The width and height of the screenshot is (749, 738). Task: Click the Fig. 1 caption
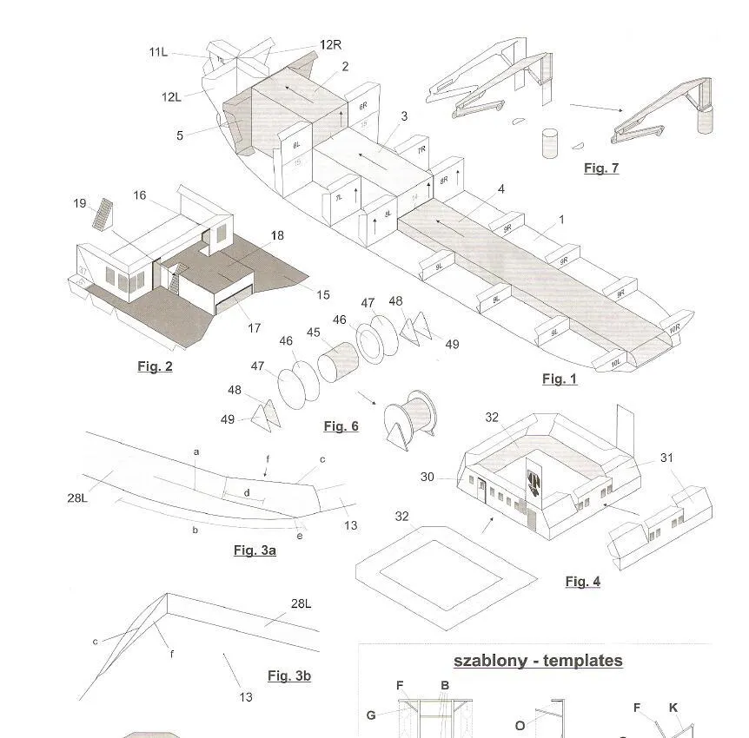tap(559, 379)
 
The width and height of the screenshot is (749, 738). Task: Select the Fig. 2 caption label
tap(155, 366)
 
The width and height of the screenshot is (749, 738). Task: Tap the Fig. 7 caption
tap(601, 168)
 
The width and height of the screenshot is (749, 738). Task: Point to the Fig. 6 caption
tap(341, 425)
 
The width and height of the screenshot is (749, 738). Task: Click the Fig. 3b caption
tap(288, 675)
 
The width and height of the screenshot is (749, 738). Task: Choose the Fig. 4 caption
tap(582, 582)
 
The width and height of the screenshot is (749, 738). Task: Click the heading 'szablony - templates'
tap(538, 661)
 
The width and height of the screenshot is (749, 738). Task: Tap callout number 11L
tap(157, 52)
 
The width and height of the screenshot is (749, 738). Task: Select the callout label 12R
tap(330, 45)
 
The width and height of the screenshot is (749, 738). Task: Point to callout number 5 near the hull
tap(180, 135)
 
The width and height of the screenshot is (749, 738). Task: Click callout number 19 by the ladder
tap(80, 203)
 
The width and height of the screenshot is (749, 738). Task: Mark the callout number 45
tap(313, 333)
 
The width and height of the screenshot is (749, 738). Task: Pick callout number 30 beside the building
tap(427, 477)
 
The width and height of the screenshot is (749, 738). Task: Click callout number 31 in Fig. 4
tap(666, 458)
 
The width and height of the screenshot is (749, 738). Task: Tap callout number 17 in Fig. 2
tap(254, 328)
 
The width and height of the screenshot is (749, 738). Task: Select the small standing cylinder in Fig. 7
tap(548, 143)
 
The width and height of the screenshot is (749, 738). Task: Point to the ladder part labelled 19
tap(104, 214)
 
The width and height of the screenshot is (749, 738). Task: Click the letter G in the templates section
tap(371, 715)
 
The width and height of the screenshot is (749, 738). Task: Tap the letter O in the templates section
tap(520, 725)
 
